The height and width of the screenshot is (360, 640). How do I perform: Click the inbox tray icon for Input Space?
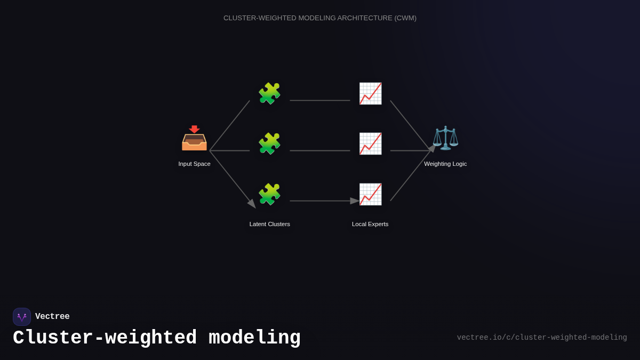194,139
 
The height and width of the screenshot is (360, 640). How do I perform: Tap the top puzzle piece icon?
269,93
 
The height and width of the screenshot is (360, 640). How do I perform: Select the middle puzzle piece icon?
269,143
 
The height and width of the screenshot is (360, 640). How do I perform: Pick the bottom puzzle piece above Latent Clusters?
269,194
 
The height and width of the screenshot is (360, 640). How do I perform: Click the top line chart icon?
370,93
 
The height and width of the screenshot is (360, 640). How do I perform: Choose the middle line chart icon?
370,143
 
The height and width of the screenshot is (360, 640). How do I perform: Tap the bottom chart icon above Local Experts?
370,194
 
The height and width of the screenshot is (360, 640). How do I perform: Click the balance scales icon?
445,138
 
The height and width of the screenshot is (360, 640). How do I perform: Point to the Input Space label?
194,164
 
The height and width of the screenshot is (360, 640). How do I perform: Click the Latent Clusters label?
270,224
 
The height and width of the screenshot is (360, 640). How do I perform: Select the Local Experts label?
370,224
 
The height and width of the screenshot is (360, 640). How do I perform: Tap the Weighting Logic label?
445,164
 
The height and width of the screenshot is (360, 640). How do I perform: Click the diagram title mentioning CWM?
320,18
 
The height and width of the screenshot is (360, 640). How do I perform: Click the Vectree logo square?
22,317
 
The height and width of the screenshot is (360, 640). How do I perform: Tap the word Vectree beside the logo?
52,317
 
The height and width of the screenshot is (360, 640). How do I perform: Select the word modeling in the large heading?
254,338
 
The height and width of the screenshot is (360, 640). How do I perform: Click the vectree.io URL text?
542,338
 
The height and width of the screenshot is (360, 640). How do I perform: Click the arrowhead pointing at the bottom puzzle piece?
252,204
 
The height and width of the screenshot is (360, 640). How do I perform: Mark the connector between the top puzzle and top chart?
320,100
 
